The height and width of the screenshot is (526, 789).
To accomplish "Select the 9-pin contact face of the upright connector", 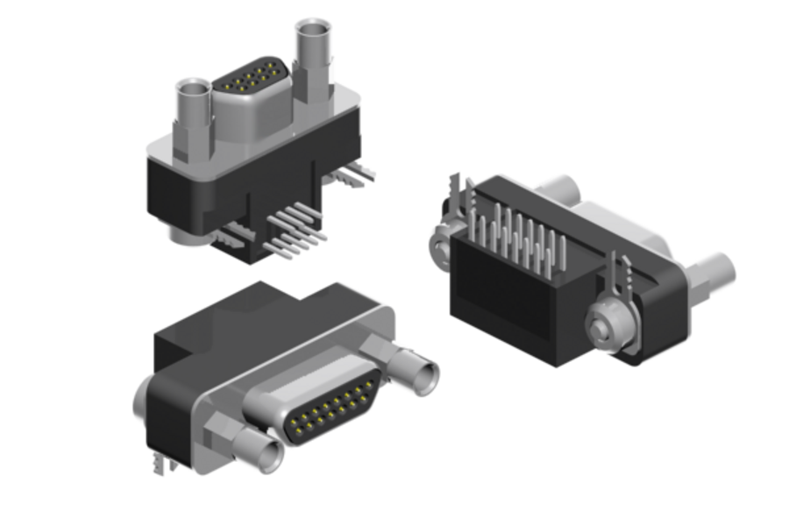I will coord(251,79).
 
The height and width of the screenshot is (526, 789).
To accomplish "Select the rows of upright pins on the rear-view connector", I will coord(517,232).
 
